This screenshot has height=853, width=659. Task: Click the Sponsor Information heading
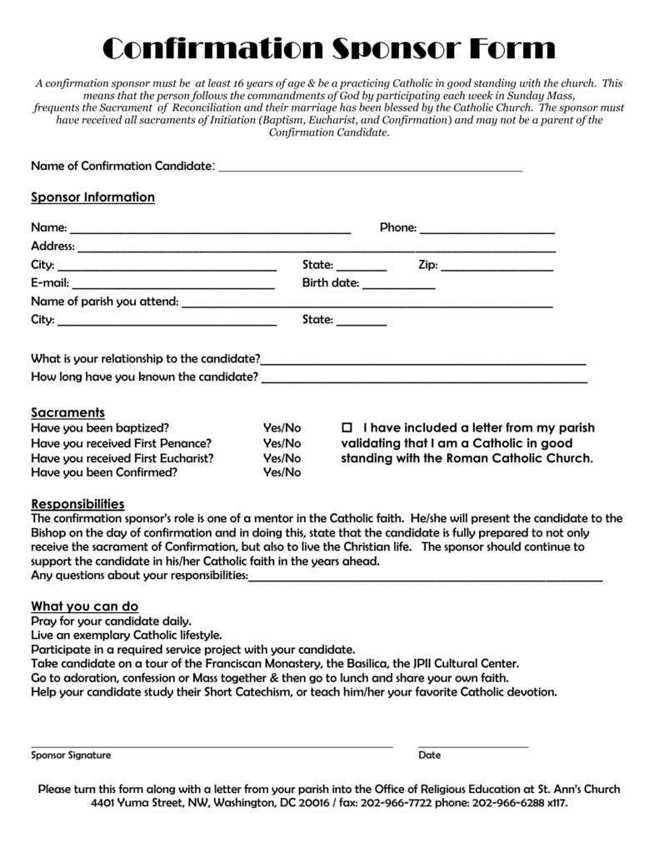pyautogui.click(x=92, y=197)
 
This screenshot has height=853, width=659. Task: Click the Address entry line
pyautogui.click(x=317, y=249)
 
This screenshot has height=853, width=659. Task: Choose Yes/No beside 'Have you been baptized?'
pyautogui.click(x=282, y=428)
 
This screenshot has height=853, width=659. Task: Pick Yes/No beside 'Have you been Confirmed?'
pyautogui.click(x=282, y=473)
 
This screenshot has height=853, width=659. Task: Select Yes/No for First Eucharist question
pyautogui.click(x=282, y=458)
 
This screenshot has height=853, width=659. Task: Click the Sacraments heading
pyautogui.click(x=67, y=412)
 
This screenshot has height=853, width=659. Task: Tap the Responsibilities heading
pyautogui.click(x=77, y=504)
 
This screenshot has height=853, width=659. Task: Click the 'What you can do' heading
pyautogui.click(x=84, y=606)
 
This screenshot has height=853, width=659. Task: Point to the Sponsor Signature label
pyautogui.click(x=71, y=756)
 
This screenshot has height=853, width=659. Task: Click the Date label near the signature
pyautogui.click(x=429, y=756)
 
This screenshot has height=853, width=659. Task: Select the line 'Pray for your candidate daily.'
pyautogui.click(x=111, y=621)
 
